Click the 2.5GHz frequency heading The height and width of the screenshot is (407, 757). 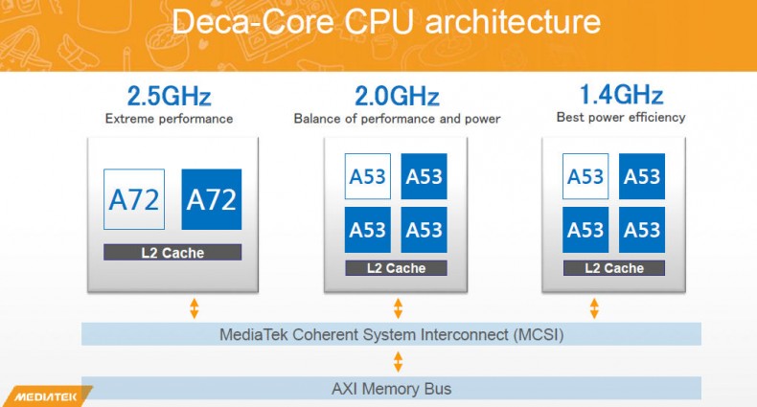pos(169,98)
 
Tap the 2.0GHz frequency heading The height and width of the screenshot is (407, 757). pos(397,98)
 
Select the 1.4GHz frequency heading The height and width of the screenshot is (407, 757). pos(621,97)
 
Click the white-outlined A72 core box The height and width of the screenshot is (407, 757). pos(134,199)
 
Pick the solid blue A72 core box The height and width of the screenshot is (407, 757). pos(211,199)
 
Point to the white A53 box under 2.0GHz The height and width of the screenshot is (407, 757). pos(368,176)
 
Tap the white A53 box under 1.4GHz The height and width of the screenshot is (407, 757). pos(586,176)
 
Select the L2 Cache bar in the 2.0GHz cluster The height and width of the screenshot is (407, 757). pos(396,268)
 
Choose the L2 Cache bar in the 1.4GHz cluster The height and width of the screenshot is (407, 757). pos(614,268)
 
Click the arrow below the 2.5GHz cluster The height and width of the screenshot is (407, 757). pos(194,308)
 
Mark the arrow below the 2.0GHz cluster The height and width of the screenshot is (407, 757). pos(398,308)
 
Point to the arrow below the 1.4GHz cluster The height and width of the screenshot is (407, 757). pos(594,308)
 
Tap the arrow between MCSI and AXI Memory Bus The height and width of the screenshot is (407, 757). pos(398,362)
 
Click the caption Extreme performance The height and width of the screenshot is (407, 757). pos(169,120)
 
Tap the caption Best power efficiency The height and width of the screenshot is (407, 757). pos(621,118)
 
